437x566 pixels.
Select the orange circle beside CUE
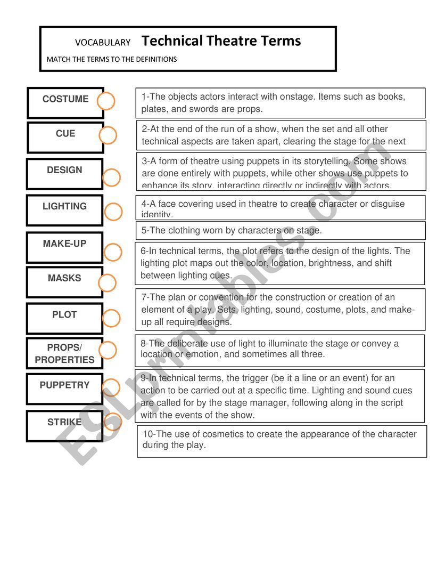click(108, 135)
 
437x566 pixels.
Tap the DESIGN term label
click(64, 171)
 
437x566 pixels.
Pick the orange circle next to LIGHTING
click(113, 212)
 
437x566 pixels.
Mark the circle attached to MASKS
click(107, 283)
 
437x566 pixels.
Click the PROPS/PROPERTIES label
click(64, 354)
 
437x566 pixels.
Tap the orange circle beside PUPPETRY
click(111, 387)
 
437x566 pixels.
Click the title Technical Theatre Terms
click(221, 41)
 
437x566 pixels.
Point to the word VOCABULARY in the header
click(103, 43)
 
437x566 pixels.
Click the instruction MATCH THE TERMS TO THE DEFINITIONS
click(112, 59)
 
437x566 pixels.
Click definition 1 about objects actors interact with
click(281, 103)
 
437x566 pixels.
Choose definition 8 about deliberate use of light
click(279, 349)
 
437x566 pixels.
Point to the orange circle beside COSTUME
click(106, 101)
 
